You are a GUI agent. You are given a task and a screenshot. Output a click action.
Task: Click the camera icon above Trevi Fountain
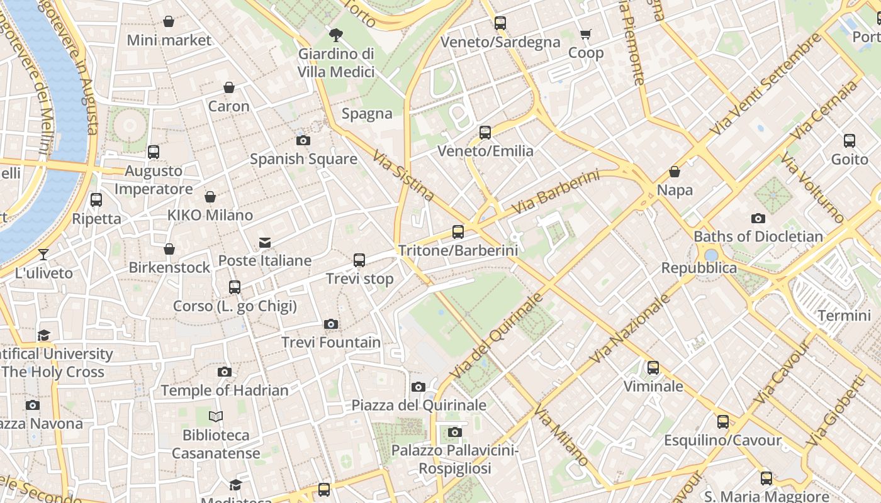point(331,324)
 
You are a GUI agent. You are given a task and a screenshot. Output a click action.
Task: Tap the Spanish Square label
point(303,159)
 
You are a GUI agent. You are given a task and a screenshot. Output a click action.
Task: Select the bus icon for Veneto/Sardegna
point(500,23)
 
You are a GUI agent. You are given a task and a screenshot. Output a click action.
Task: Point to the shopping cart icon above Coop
point(586,35)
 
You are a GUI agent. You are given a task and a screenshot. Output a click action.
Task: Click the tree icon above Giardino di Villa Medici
point(336,35)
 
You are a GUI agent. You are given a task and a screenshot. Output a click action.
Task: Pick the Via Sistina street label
point(403,176)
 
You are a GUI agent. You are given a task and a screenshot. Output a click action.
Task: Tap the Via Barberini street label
point(555,192)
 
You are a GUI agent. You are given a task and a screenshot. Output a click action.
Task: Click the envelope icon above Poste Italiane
point(265,243)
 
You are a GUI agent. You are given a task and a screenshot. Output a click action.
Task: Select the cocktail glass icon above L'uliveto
point(43,255)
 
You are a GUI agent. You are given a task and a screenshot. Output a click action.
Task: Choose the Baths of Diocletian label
point(758,236)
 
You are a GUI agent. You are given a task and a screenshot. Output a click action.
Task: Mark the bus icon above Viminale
point(653,368)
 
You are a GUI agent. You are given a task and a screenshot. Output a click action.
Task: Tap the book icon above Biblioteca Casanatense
point(216,416)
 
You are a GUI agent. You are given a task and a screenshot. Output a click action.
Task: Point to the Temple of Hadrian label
point(225,390)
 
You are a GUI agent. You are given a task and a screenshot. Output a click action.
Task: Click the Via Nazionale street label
point(630,329)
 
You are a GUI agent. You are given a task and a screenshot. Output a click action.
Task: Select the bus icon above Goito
point(850,141)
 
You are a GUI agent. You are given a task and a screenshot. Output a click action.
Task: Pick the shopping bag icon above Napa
point(675,172)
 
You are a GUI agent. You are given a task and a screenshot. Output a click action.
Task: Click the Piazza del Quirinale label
point(418,406)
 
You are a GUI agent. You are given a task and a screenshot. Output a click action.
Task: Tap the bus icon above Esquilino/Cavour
point(723,422)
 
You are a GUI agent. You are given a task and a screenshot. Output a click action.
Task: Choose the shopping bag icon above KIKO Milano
point(210,197)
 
